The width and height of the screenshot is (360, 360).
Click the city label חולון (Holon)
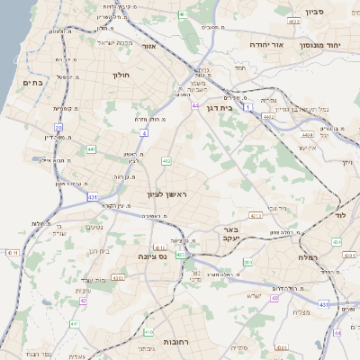pyautogui.click(x=121, y=76)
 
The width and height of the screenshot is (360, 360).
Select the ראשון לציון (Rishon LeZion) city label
pyautogui.click(x=168, y=194)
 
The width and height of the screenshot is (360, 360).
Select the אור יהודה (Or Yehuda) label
pyautogui.click(x=290, y=43)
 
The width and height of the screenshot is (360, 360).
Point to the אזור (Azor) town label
pyautogui.click(x=149, y=46)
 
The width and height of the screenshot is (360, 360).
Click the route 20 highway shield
pyautogui.click(x=58, y=129)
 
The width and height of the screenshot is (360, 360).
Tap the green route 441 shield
pyautogui.click(x=92, y=148)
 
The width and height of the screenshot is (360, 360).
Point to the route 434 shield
pyautogui.click(x=336, y=241)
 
